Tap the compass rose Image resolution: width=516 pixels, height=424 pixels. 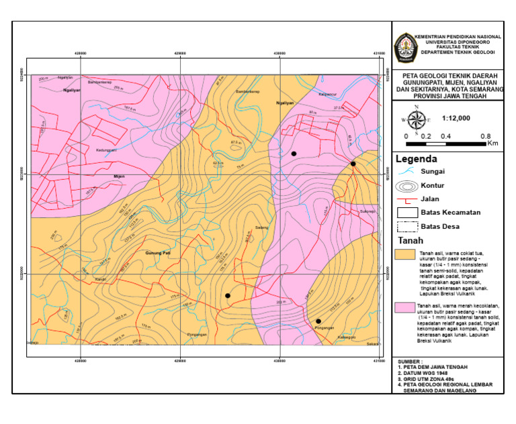pos(417,120)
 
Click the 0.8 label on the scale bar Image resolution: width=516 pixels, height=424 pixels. pos(485,136)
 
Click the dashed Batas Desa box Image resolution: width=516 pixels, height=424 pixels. pos(406,227)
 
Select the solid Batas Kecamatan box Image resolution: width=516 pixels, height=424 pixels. pos(406,213)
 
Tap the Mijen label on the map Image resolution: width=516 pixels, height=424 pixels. pos(120,176)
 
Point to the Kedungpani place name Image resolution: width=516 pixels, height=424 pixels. pos(107,150)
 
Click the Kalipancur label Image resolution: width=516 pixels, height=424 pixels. pos(327,95)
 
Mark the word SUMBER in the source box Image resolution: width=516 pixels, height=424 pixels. pos(410,361)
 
